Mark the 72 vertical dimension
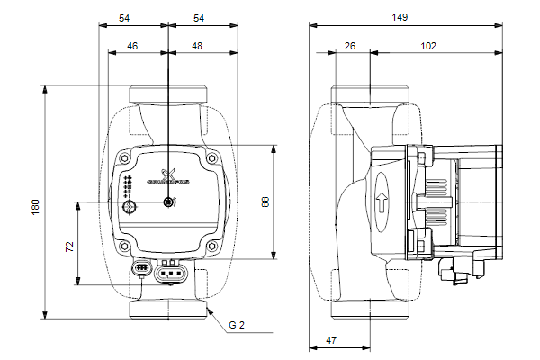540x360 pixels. (x=69, y=246)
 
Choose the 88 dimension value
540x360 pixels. (x=265, y=202)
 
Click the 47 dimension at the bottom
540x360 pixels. (x=331, y=340)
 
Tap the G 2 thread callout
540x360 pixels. (x=237, y=324)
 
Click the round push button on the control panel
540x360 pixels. (x=130, y=209)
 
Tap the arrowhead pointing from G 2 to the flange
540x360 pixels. (x=209, y=310)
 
